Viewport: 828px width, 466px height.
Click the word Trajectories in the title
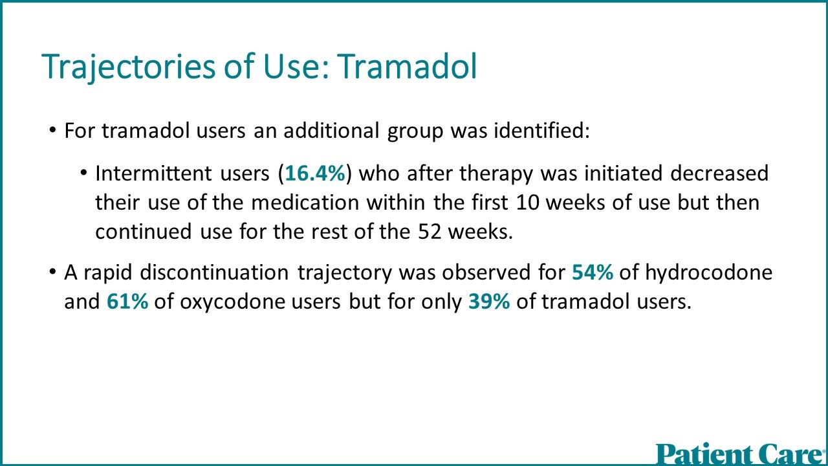[128, 67]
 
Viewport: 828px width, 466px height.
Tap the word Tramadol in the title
[407, 67]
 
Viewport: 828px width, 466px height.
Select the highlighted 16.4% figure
[315, 173]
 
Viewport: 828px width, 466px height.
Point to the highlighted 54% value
[593, 272]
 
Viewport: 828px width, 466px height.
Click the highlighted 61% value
[127, 301]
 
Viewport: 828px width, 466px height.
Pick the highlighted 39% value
[489, 301]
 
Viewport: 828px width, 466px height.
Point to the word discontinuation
[214, 272]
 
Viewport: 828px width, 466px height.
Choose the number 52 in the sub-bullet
[430, 232]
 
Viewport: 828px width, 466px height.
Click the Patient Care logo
[741, 454]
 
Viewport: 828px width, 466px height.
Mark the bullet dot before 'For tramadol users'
[52, 130]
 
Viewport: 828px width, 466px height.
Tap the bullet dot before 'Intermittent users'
[83, 172]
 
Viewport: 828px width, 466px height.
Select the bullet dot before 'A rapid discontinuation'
[52, 272]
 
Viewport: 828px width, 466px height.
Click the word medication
[305, 203]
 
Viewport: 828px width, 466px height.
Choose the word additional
[332, 130]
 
